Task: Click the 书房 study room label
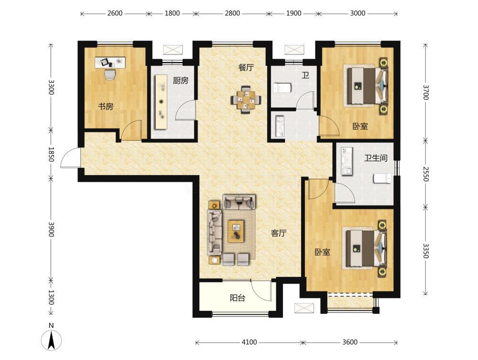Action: point(106,107)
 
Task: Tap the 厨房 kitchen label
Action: point(181,80)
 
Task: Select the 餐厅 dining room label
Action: point(246,67)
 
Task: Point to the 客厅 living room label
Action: point(279,233)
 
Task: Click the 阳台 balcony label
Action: point(238,298)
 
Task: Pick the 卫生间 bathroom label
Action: point(376,158)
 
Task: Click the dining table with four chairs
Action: point(246,99)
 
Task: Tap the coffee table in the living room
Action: point(236,231)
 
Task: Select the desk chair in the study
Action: point(110,74)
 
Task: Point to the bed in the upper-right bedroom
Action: point(366,86)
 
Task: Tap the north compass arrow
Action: point(52,340)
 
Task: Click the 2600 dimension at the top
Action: point(115,13)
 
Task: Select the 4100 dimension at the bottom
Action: point(249,342)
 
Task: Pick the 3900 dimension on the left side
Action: point(51,229)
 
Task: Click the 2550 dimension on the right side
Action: point(426,174)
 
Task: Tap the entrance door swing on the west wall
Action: point(70,157)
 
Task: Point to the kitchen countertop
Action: point(161,102)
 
